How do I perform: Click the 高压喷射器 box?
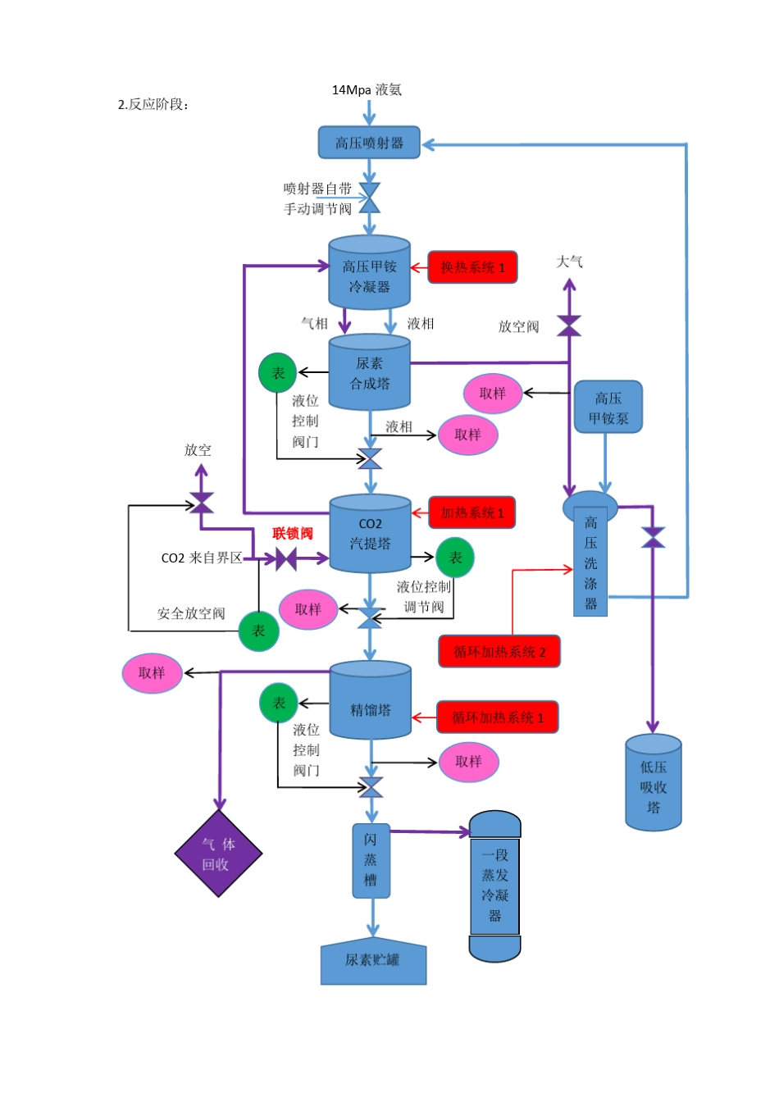coord(369,143)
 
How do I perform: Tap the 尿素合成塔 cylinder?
coord(369,373)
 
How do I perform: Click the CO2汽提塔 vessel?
coord(370,534)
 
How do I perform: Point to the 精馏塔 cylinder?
coord(370,703)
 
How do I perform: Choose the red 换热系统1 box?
coord(472,267)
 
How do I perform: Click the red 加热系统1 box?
coord(471,512)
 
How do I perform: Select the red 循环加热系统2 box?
coord(499,652)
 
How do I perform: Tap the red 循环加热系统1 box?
coord(497,717)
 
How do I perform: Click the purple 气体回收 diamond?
coord(218,854)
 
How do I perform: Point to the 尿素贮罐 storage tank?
coord(373,960)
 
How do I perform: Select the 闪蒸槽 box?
coord(371,860)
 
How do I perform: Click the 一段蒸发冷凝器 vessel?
coord(494,886)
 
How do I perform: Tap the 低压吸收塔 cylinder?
coord(653,784)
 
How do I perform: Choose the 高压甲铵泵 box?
coord(608,408)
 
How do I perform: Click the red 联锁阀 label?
coord(292,534)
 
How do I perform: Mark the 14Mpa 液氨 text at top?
coord(367,90)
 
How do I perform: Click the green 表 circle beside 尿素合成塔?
coord(277,373)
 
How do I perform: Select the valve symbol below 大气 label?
coord(569,326)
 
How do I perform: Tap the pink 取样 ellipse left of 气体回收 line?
coord(152,673)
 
